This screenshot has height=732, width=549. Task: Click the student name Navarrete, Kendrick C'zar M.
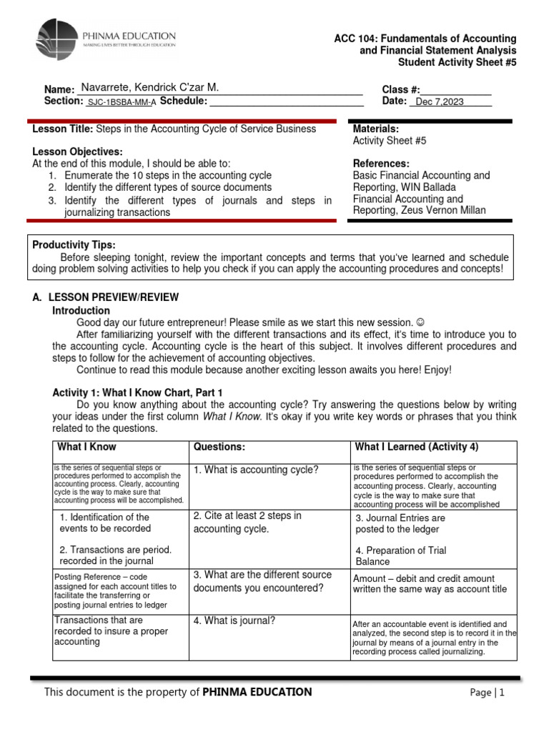tap(149, 87)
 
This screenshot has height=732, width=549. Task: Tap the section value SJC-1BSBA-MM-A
tap(121, 102)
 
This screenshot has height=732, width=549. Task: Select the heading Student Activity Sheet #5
tap(457, 62)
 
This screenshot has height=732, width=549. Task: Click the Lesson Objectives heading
tap(77, 152)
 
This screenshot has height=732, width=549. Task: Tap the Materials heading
tap(376, 129)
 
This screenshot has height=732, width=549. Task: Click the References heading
tap(381, 163)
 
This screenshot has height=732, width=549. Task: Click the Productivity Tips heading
tap(74, 245)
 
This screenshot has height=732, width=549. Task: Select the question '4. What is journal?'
tap(234, 620)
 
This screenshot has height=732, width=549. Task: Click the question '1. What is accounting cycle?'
tap(255, 470)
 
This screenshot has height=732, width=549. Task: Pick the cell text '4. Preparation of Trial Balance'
tap(400, 556)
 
